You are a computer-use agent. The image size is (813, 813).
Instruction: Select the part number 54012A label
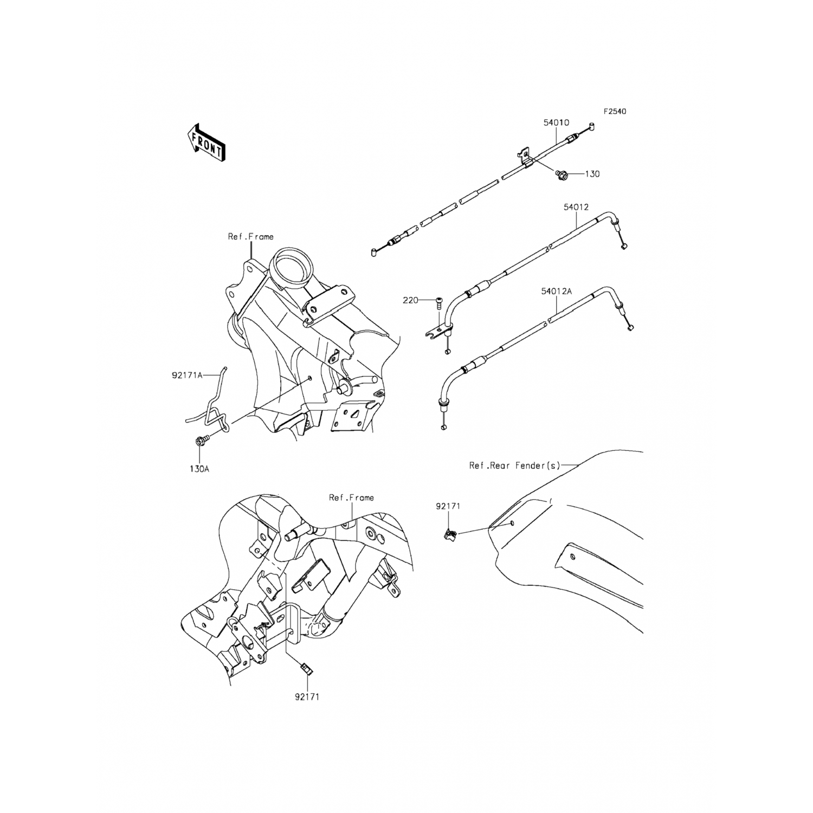556,291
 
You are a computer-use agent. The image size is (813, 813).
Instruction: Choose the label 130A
199,469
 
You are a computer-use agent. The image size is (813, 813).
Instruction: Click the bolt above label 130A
199,441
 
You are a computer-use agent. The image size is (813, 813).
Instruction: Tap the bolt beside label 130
562,174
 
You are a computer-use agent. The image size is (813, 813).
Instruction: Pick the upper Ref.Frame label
250,236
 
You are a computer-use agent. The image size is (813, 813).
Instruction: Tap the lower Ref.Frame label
351,497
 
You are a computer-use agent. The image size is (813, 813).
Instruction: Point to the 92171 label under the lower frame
307,697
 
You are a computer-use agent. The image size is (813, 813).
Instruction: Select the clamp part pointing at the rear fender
450,534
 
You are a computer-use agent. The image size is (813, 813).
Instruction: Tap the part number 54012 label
576,207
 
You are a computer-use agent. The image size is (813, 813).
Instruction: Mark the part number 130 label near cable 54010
592,174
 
